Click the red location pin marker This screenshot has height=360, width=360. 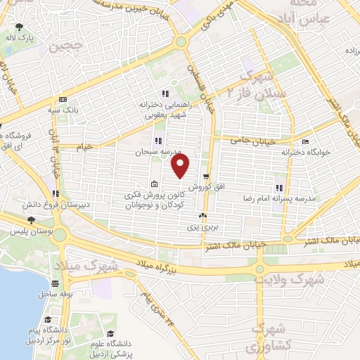coord(181,166)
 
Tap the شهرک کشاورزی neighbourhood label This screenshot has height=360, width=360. coord(268,337)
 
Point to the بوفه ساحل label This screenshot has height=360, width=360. coord(53,292)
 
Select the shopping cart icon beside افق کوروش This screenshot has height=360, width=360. coord(205,176)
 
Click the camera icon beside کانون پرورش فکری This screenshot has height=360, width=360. coord(154,184)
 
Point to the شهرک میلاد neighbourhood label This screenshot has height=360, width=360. coord(94,267)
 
